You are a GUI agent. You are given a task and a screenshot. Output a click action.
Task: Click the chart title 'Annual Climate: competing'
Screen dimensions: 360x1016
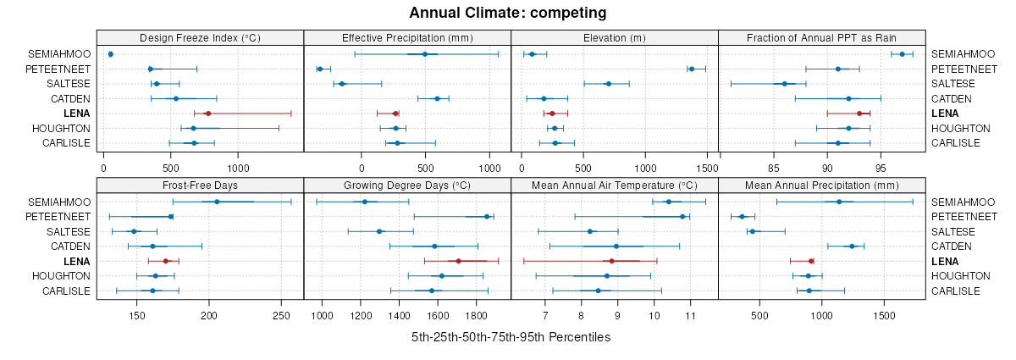click(x=508, y=13)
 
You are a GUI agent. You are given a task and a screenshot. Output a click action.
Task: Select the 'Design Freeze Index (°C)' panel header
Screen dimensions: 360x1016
click(x=200, y=38)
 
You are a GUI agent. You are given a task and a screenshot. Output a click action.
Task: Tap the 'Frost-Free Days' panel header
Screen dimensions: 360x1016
click(x=200, y=186)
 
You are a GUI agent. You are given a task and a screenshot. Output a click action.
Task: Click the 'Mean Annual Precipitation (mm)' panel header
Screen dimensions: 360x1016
click(x=821, y=186)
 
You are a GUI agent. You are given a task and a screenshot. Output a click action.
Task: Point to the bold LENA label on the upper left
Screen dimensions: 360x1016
click(x=76, y=114)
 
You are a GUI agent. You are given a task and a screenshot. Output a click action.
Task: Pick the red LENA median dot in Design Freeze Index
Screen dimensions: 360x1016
click(x=207, y=114)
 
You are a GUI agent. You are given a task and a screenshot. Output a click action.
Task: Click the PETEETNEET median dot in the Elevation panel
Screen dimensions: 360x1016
click(x=692, y=69)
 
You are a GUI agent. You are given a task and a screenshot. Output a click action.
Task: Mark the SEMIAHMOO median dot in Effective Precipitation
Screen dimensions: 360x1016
click(x=425, y=54)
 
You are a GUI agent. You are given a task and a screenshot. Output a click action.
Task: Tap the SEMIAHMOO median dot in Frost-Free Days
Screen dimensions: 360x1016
click(x=217, y=202)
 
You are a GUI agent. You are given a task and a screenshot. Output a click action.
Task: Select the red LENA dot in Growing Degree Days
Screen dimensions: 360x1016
click(x=458, y=261)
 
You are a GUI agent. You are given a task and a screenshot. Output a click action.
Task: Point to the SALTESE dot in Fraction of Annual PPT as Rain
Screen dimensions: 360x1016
click(x=784, y=84)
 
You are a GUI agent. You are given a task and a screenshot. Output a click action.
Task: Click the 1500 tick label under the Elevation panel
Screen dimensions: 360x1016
click(x=719, y=156)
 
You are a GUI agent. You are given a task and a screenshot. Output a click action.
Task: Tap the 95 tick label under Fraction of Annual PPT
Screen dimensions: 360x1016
click(x=881, y=156)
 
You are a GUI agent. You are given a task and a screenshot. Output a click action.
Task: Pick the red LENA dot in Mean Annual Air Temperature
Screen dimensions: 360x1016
click(x=611, y=261)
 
